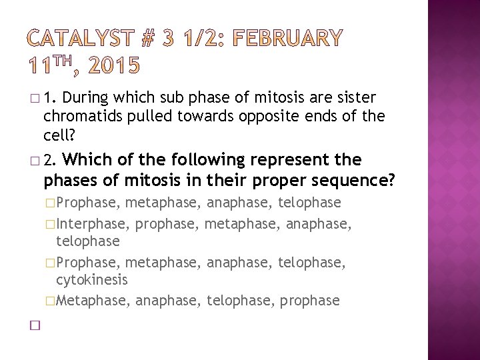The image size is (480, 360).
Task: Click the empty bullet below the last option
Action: point(34,325)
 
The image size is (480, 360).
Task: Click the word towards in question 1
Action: point(213,116)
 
